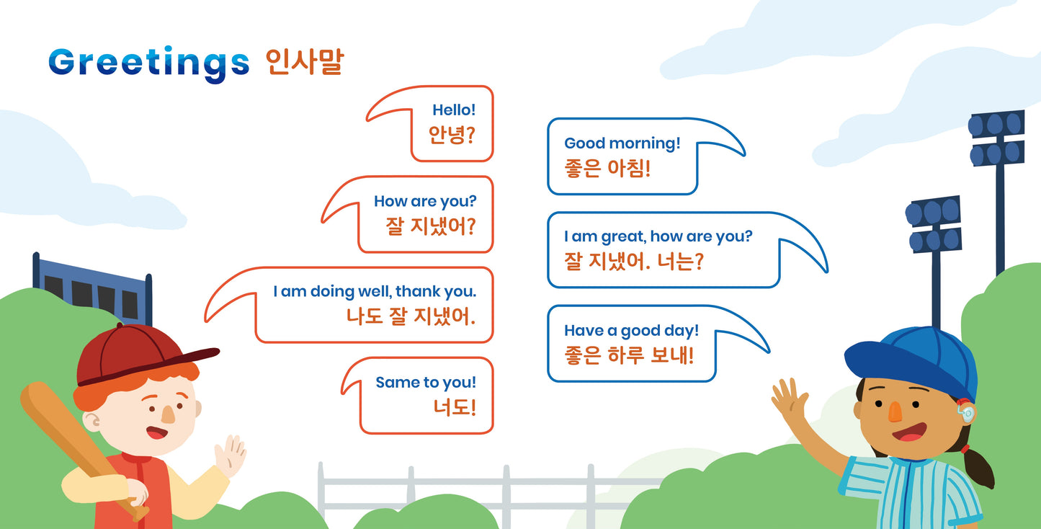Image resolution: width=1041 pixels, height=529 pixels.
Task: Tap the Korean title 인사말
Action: coord(303,63)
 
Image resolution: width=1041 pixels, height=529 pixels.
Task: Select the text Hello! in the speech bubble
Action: coord(454,110)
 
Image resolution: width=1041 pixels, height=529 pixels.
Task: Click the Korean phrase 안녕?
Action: coord(452,135)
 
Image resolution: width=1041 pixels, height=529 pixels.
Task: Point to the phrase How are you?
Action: coord(425,202)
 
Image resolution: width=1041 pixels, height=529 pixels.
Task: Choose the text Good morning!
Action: coord(622,143)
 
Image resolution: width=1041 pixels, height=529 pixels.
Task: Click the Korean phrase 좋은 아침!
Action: coord(607,169)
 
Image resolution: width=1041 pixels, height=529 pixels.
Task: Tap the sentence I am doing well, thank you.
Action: coord(375,292)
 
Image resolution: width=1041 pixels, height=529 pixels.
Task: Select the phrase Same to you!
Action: coord(426,383)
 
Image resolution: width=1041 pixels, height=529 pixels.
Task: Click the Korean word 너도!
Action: coord(455,408)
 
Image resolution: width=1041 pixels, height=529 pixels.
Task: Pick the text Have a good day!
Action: coord(631,331)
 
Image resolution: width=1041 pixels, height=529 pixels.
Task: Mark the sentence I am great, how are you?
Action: coord(658,236)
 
